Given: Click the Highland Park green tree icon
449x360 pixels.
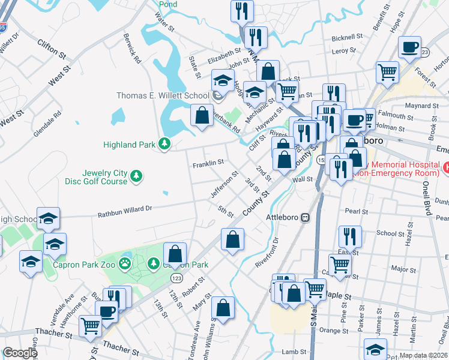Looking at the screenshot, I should tap(163, 144).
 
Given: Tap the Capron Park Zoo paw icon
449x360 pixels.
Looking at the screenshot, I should tap(124, 263).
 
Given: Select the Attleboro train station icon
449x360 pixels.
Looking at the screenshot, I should tap(306, 217).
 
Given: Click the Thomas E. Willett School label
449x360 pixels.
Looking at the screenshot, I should tap(162, 95).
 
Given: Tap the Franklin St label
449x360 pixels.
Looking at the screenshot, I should tap(208, 163).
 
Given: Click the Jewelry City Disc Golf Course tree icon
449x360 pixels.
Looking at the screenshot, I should tap(137, 175).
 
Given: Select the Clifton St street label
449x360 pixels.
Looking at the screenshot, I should tap(51, 49).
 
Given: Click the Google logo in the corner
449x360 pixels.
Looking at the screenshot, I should tap(20, 352).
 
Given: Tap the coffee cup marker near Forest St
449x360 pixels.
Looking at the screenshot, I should tap(411, 47).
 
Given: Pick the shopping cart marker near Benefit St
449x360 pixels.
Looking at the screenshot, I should tap(388, 72).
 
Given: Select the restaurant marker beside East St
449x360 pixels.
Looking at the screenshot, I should tap(349, 236).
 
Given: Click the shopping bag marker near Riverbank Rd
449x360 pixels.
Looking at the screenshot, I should tap(202, 115).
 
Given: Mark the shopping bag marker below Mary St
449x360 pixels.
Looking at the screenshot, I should tap(222, 308).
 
